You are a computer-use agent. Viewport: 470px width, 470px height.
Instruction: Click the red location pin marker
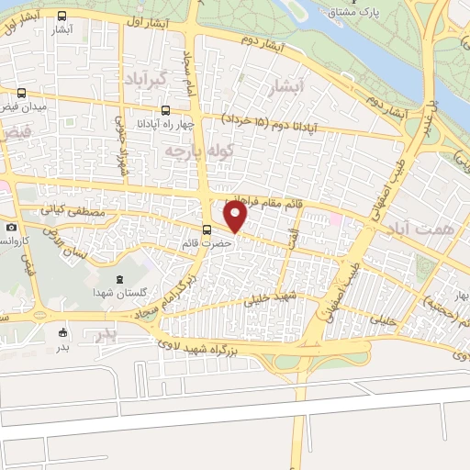tap(236, 217)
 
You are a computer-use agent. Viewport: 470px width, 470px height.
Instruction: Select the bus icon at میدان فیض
tap(21, 93)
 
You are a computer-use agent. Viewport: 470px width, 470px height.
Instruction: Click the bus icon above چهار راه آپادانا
tap(165, 110)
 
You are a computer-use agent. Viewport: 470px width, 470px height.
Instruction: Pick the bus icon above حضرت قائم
tap(208, 229)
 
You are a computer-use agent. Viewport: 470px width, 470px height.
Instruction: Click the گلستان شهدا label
tap(116, 292)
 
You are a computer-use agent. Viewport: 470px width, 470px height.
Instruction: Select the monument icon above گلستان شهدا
tap(117, 278)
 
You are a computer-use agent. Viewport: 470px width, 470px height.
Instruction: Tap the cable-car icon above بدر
tap(63, 332)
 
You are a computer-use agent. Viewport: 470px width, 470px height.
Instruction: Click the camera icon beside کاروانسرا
tap(11, 227)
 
